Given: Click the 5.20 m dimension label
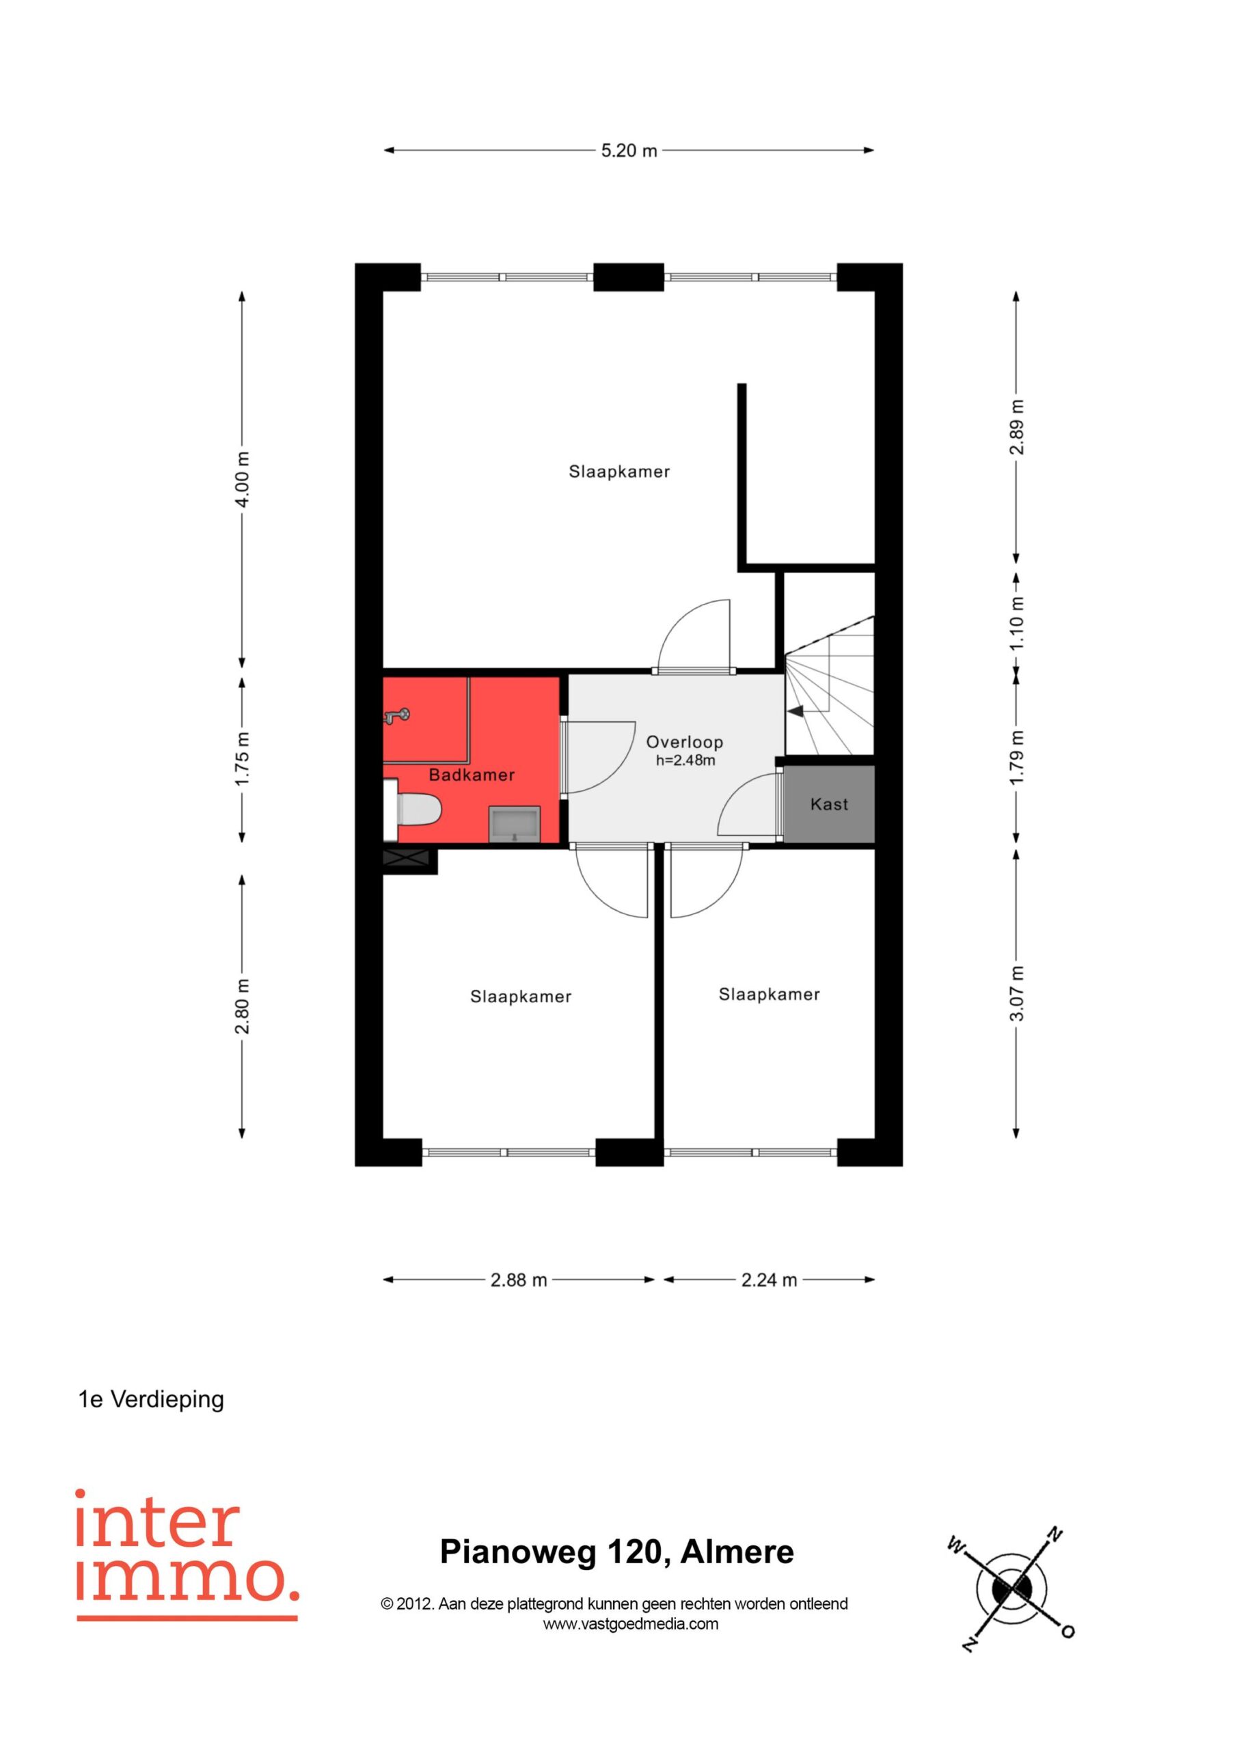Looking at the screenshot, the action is point(629,151).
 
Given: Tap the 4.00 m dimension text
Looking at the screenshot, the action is point(242,479).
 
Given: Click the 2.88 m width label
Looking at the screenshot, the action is point(518,1280).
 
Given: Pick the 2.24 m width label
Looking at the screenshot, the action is point(769,1280).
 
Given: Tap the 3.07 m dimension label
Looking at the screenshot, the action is point(1017,993).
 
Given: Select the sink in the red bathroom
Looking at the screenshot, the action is point(515,824).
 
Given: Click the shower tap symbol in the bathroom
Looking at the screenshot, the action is point(396,715).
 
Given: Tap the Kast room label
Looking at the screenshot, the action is point(829,804).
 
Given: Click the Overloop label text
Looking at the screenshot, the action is point(684,742).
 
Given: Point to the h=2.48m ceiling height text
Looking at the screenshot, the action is point(685,760).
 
